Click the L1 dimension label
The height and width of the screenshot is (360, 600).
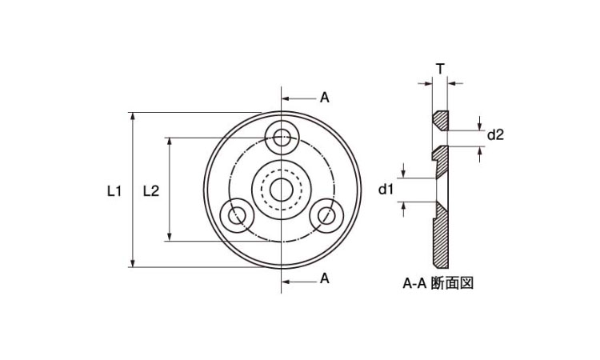pyautogui.click(x=114, y=190)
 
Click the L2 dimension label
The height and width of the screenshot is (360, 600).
pyautogui.click(x=150, y=190)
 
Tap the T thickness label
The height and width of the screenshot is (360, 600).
pyautogui.click(x=440, y=69)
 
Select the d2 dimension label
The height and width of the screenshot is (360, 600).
pyautogui.click(x=496, y=134)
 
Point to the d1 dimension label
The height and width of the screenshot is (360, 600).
pyautogui.click(x=386, y=190)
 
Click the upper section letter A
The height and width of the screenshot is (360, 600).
pyautogui.click(x=324, y=98)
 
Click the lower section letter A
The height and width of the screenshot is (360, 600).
pyautogui.click(x=324, y=278)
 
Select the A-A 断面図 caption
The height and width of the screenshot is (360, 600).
pyautogui.click(x=438, y=283)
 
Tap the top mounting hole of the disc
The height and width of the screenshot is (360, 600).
pyautogui.click(x=281, y=138)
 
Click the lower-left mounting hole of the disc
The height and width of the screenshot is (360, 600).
pyautogui.click(x=235, y=215)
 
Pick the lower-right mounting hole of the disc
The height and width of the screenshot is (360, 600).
pyautogui.click(x=326, y=215)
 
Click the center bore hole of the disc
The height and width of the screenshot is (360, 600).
pyautogui.click(x=281, y=190)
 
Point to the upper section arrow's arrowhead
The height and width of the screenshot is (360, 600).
pyautogui.click(x=285, y=98)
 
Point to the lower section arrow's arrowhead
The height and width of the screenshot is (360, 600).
pyautogui.click(x=285, y=279)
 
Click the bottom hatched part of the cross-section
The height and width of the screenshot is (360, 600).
pyautogui.click(x=442, y=236)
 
